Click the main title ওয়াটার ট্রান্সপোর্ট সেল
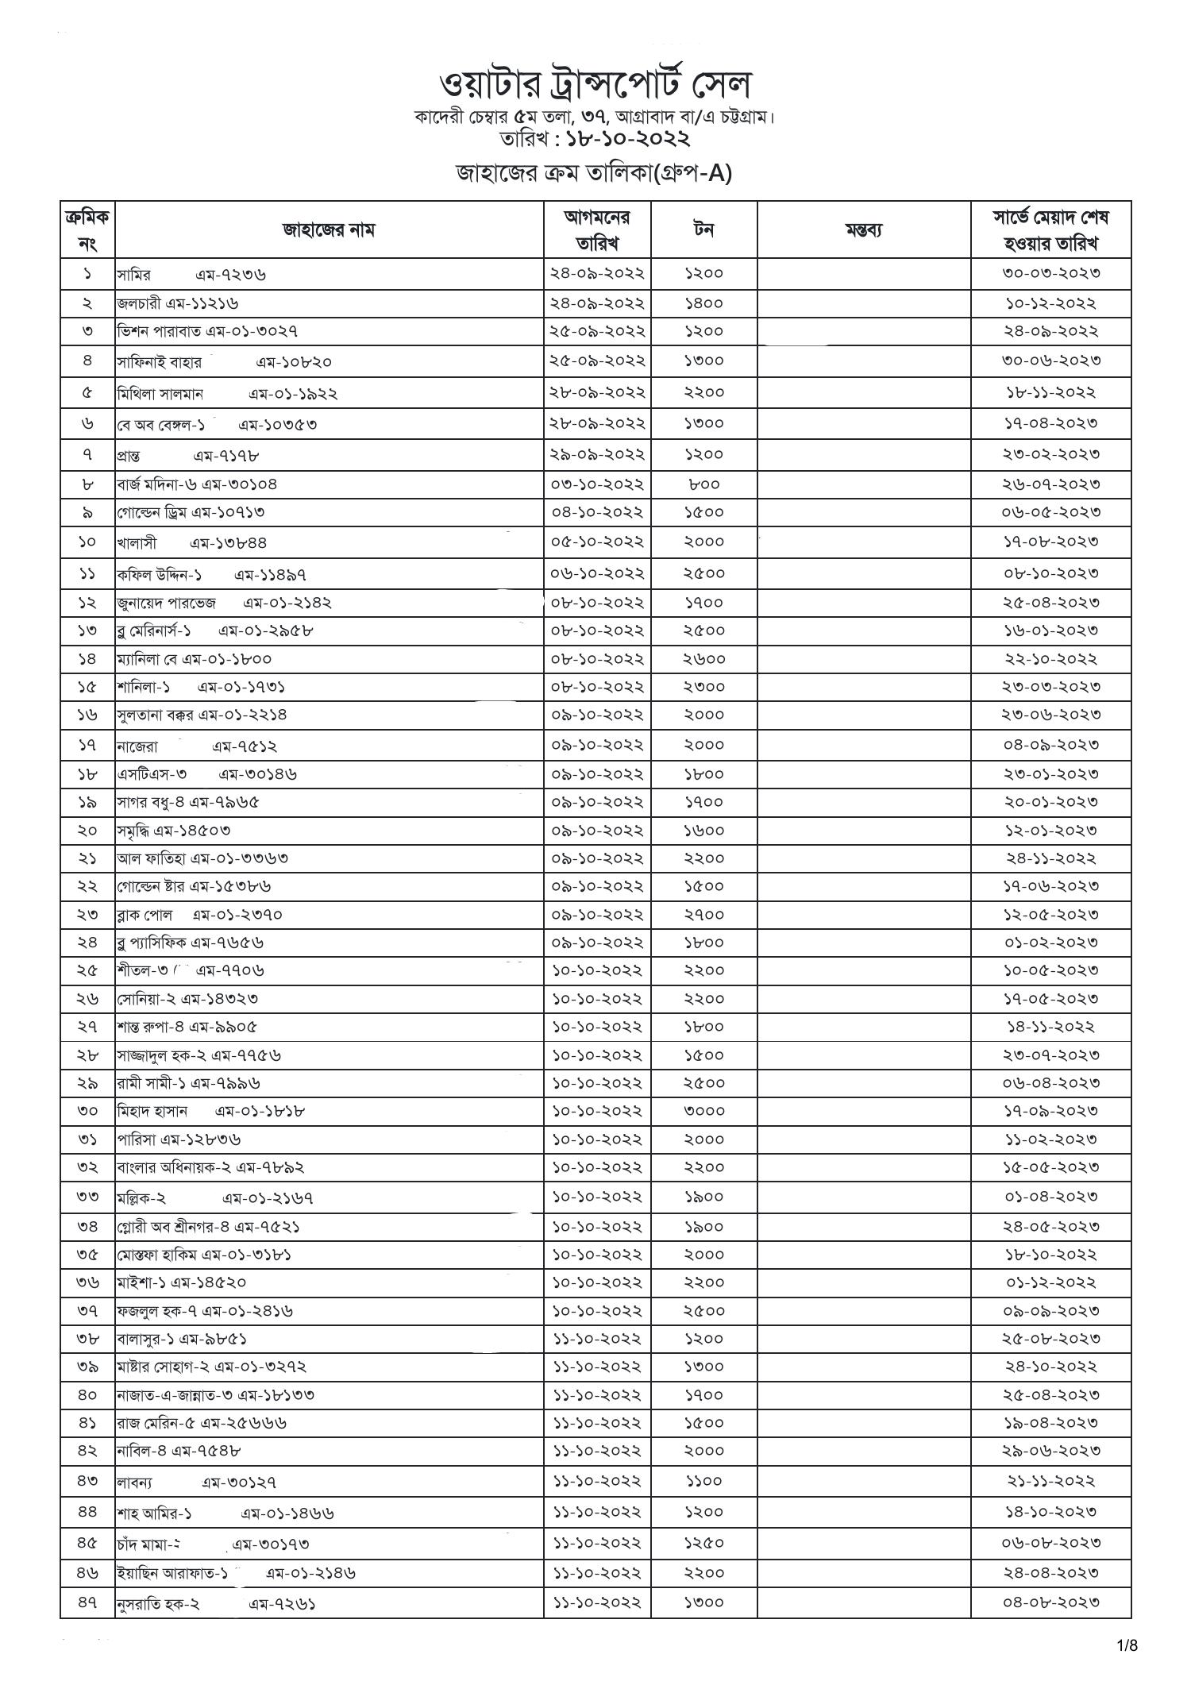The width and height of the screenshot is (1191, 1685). (x=595, y=84)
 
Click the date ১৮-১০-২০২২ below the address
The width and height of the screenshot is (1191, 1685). (x=627, y=139)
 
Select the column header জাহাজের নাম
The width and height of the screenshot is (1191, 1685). (x=329, y=230)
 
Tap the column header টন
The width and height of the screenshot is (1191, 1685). (x=703, y=229)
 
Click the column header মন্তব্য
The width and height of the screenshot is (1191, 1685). (x=863, y=230)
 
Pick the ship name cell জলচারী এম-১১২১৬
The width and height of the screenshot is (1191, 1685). (x=178, y=303)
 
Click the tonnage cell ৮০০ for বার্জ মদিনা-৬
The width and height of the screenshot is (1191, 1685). (x=703, y=484)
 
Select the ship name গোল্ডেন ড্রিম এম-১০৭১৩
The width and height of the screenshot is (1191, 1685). (x=191, y=512)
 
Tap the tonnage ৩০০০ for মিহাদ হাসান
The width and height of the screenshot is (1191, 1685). (x=703, y=1111)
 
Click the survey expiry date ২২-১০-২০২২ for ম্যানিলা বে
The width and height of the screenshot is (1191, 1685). (x=1050, y=659)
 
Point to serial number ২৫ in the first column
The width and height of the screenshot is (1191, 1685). (x=87, y=970)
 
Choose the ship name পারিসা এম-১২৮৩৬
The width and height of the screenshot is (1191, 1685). (x=179, y=1139)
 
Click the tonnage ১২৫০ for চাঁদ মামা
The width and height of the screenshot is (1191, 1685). (x=703, y=1542)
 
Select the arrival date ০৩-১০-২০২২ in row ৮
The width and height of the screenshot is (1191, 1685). (x=597, y=484)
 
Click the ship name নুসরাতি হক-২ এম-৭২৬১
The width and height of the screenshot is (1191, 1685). (x=216, y=1603)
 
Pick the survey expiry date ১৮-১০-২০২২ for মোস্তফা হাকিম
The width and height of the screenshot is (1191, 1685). (x=1050, y=1255)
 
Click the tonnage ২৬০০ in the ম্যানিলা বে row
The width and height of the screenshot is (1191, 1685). (x=703, y=659)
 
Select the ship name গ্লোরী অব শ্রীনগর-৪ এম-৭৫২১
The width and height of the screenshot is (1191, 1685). (x=209, y=1227)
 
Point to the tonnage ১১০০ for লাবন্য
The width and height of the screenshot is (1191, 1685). (x=703, y=1480)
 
